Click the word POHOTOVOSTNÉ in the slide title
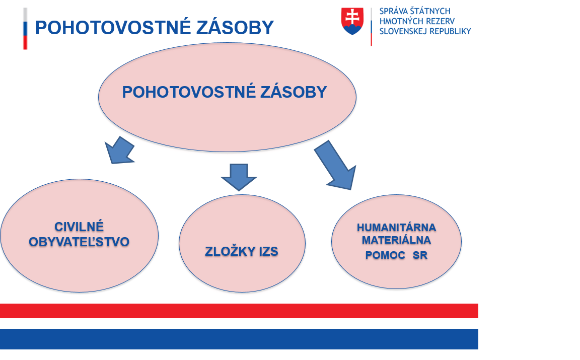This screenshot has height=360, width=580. pos(113,28)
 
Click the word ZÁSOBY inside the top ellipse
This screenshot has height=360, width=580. pos(294,92)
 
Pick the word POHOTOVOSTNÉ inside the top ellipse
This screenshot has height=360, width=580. pos(189,92)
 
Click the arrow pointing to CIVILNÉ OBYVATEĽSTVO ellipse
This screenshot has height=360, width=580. pos(119,150)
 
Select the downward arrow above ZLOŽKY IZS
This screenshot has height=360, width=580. pos(239,177)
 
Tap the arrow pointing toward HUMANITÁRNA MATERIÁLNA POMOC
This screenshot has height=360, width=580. pos(336,165)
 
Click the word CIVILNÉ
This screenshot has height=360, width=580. pos(79,227)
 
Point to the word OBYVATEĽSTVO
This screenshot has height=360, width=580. pos(79,242)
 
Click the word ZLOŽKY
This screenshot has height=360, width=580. pos(230,252)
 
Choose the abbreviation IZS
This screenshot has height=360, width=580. pos(268,252)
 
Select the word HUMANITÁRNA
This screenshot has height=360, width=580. pos(397,228)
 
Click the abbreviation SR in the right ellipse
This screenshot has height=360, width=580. pos(420,255)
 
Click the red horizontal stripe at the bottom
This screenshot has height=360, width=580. pos(239,311)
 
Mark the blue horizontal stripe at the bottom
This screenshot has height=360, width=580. pos(239,339)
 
